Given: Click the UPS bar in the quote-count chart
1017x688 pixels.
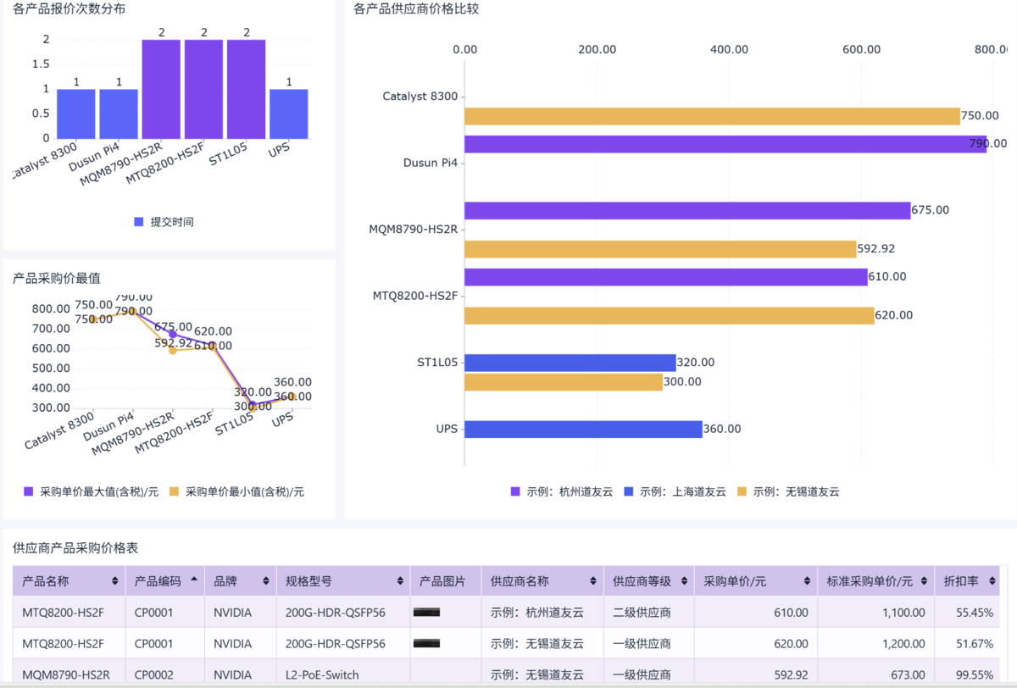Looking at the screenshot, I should click(289, 114).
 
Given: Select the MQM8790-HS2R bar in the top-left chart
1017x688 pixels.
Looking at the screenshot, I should click(161, 89).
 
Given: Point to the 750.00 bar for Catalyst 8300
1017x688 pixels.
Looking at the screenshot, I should click(712, 116).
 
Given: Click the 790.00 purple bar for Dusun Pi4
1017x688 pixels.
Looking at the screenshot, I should click(725, 144).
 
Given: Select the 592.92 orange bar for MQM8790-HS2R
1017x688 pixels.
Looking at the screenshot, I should click(660, 249).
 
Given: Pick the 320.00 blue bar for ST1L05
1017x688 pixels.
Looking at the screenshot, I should click(570, 363).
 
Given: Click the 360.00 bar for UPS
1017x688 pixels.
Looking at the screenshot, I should click(583, 429).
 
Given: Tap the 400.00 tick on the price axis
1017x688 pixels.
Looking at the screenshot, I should click(729, 49).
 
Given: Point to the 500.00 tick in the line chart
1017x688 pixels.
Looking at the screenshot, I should click(52, 369).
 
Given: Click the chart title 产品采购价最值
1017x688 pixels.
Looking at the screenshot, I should click(57, 278).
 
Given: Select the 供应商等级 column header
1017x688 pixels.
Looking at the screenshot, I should click(642, 581).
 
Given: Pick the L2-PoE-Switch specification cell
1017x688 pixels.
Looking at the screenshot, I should click(322, 675).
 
